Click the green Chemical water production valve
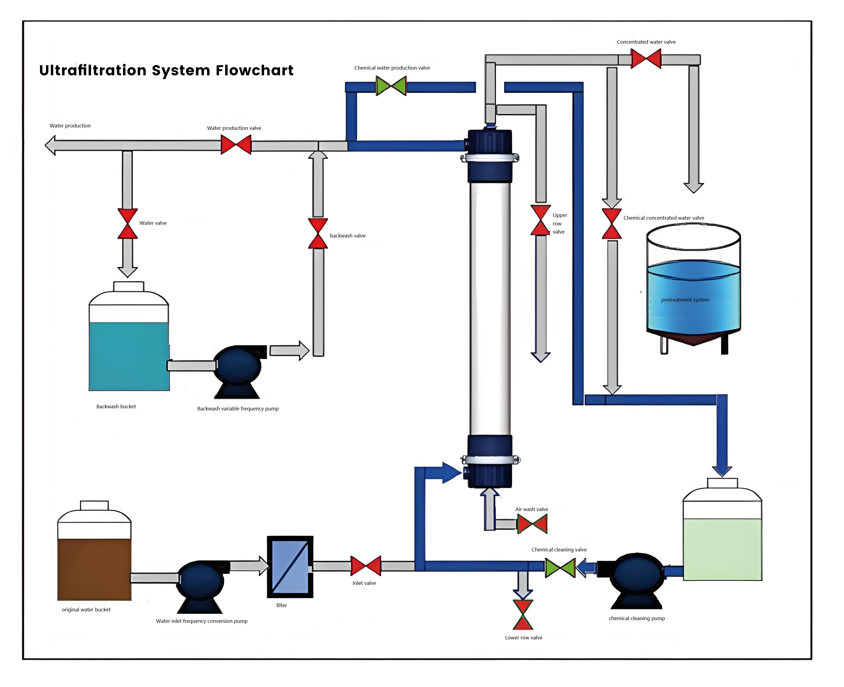[x=391, y=86]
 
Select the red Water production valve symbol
[x=236, y=145]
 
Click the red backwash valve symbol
[x=318, y=234]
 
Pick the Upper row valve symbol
[x=540, y=220]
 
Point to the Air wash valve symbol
[x=532, y=524]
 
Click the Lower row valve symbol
[x=523, y=615]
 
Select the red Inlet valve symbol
[x=366, y=566]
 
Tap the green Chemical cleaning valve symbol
[x=560, y=568]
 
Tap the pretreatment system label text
[x=685, y=300]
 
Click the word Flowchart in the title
[x=254, y=71]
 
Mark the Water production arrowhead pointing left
[x=50, y=145]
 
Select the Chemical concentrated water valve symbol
[x=612, y=224]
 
